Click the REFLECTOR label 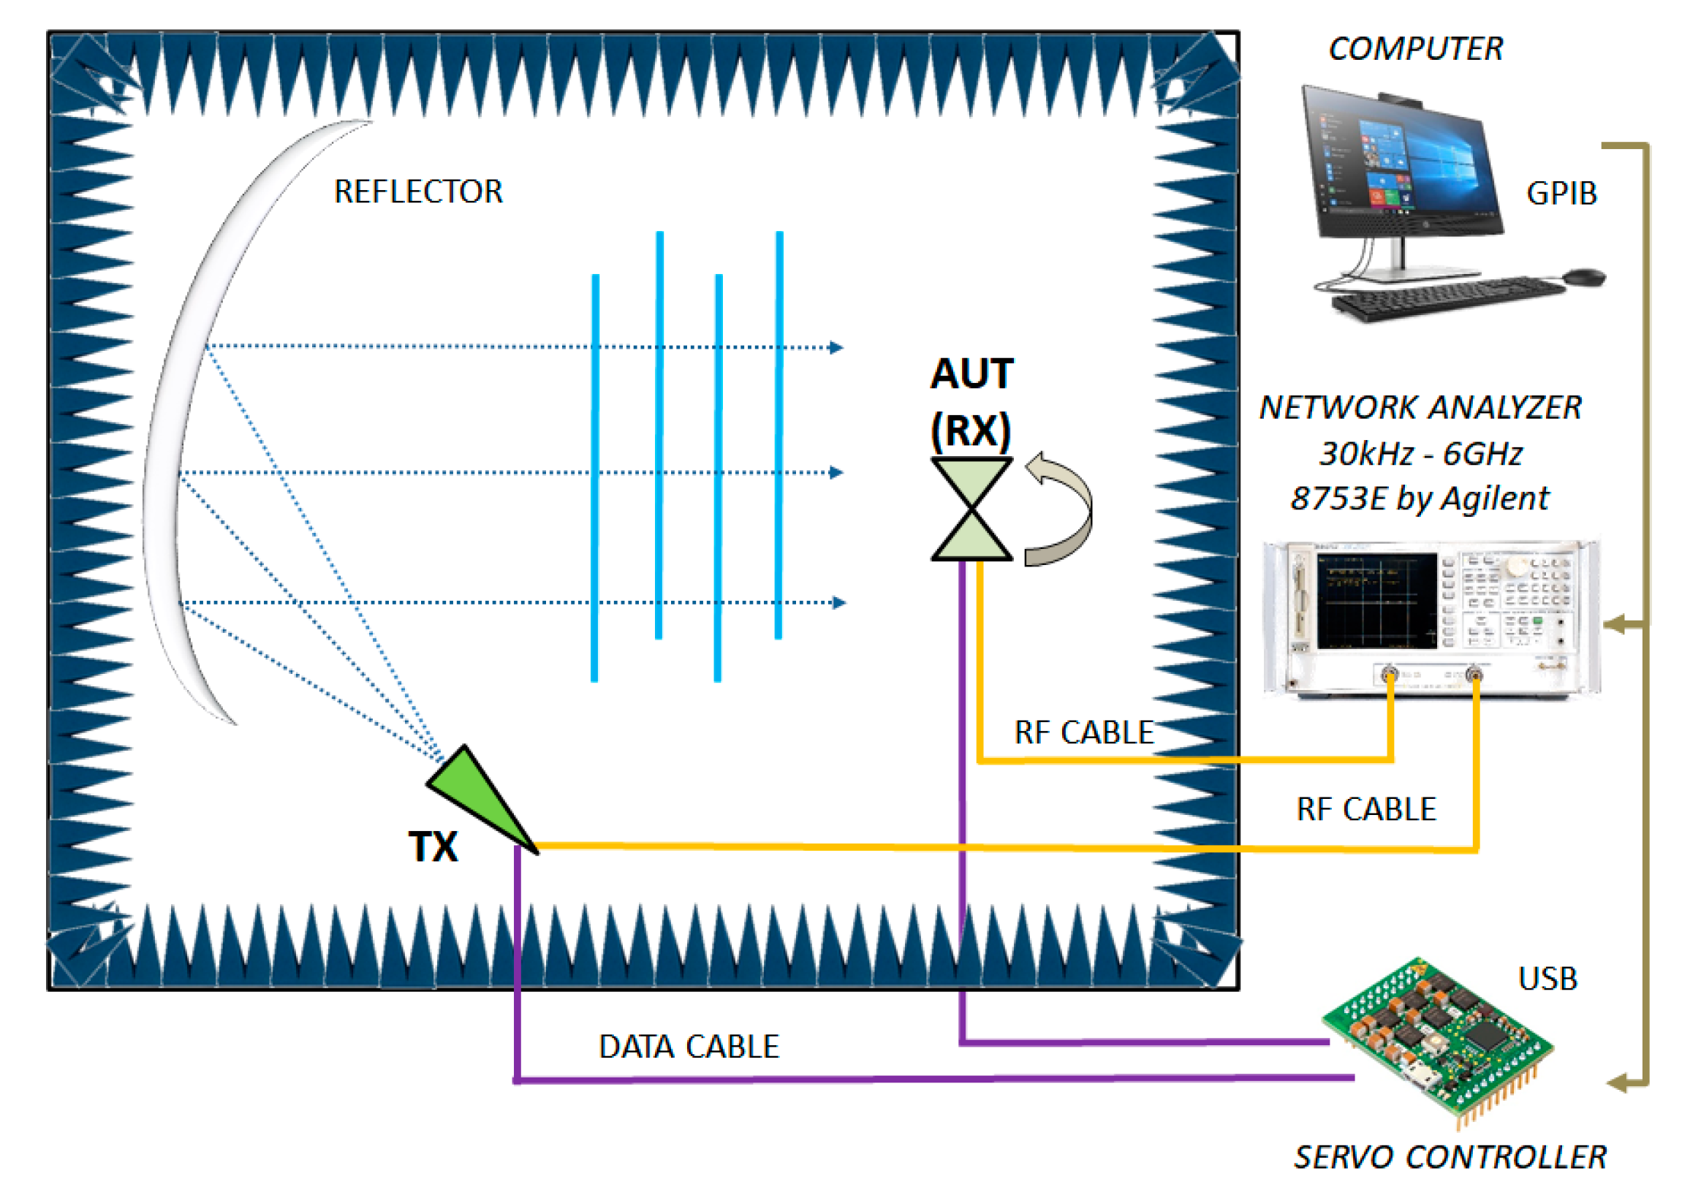419,192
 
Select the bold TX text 433,846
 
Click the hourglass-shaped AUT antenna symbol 971,509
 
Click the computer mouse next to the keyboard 1585,277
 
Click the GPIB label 1561,194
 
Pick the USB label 1547,979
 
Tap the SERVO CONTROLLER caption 1450,1157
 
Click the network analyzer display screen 1376,600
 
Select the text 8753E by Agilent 1419,498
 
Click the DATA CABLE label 689,1047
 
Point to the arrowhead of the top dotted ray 836,347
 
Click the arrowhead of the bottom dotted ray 838,602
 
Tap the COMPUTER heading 1415,49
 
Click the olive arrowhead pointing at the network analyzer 1615,623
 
